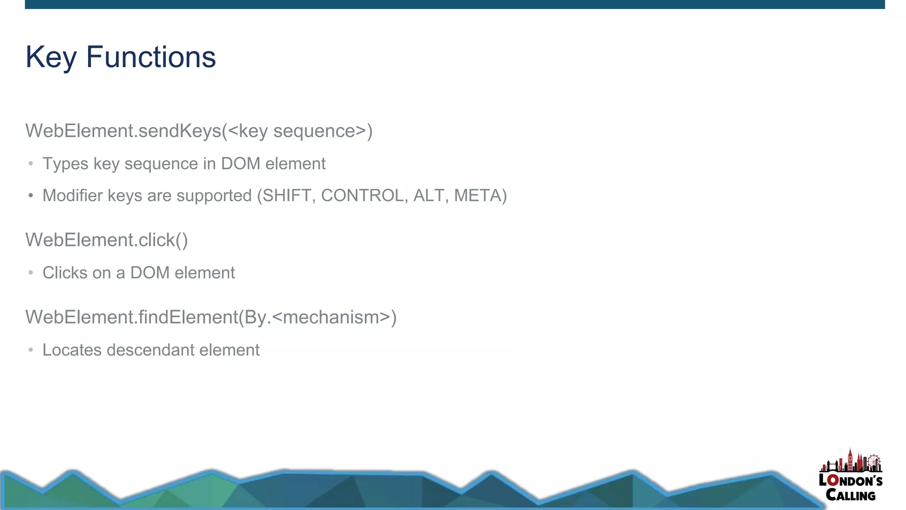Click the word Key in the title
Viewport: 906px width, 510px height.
tap(51, 58)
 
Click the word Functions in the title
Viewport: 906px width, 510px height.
tap(151, 58)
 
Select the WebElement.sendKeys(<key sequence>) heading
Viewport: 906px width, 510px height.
tap(199, 131)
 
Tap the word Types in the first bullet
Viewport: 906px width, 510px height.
tap(65, 164)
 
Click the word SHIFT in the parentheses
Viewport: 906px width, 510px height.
tap(287, 196)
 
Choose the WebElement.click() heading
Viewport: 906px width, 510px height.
tap(107, 240)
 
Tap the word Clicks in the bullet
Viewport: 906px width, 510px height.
tap(65, 273)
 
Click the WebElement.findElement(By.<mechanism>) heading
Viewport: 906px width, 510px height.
tap(211, 317)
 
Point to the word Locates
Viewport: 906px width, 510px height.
tap(72, 350)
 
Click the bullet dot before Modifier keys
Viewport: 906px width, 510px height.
tap(31, 196)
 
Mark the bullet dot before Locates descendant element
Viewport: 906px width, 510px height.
tap(31, 350)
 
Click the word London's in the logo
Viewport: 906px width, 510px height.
tap(850, 481)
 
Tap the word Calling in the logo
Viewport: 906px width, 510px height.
tap(850, 495)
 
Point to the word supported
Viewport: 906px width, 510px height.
tap(214, 196)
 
